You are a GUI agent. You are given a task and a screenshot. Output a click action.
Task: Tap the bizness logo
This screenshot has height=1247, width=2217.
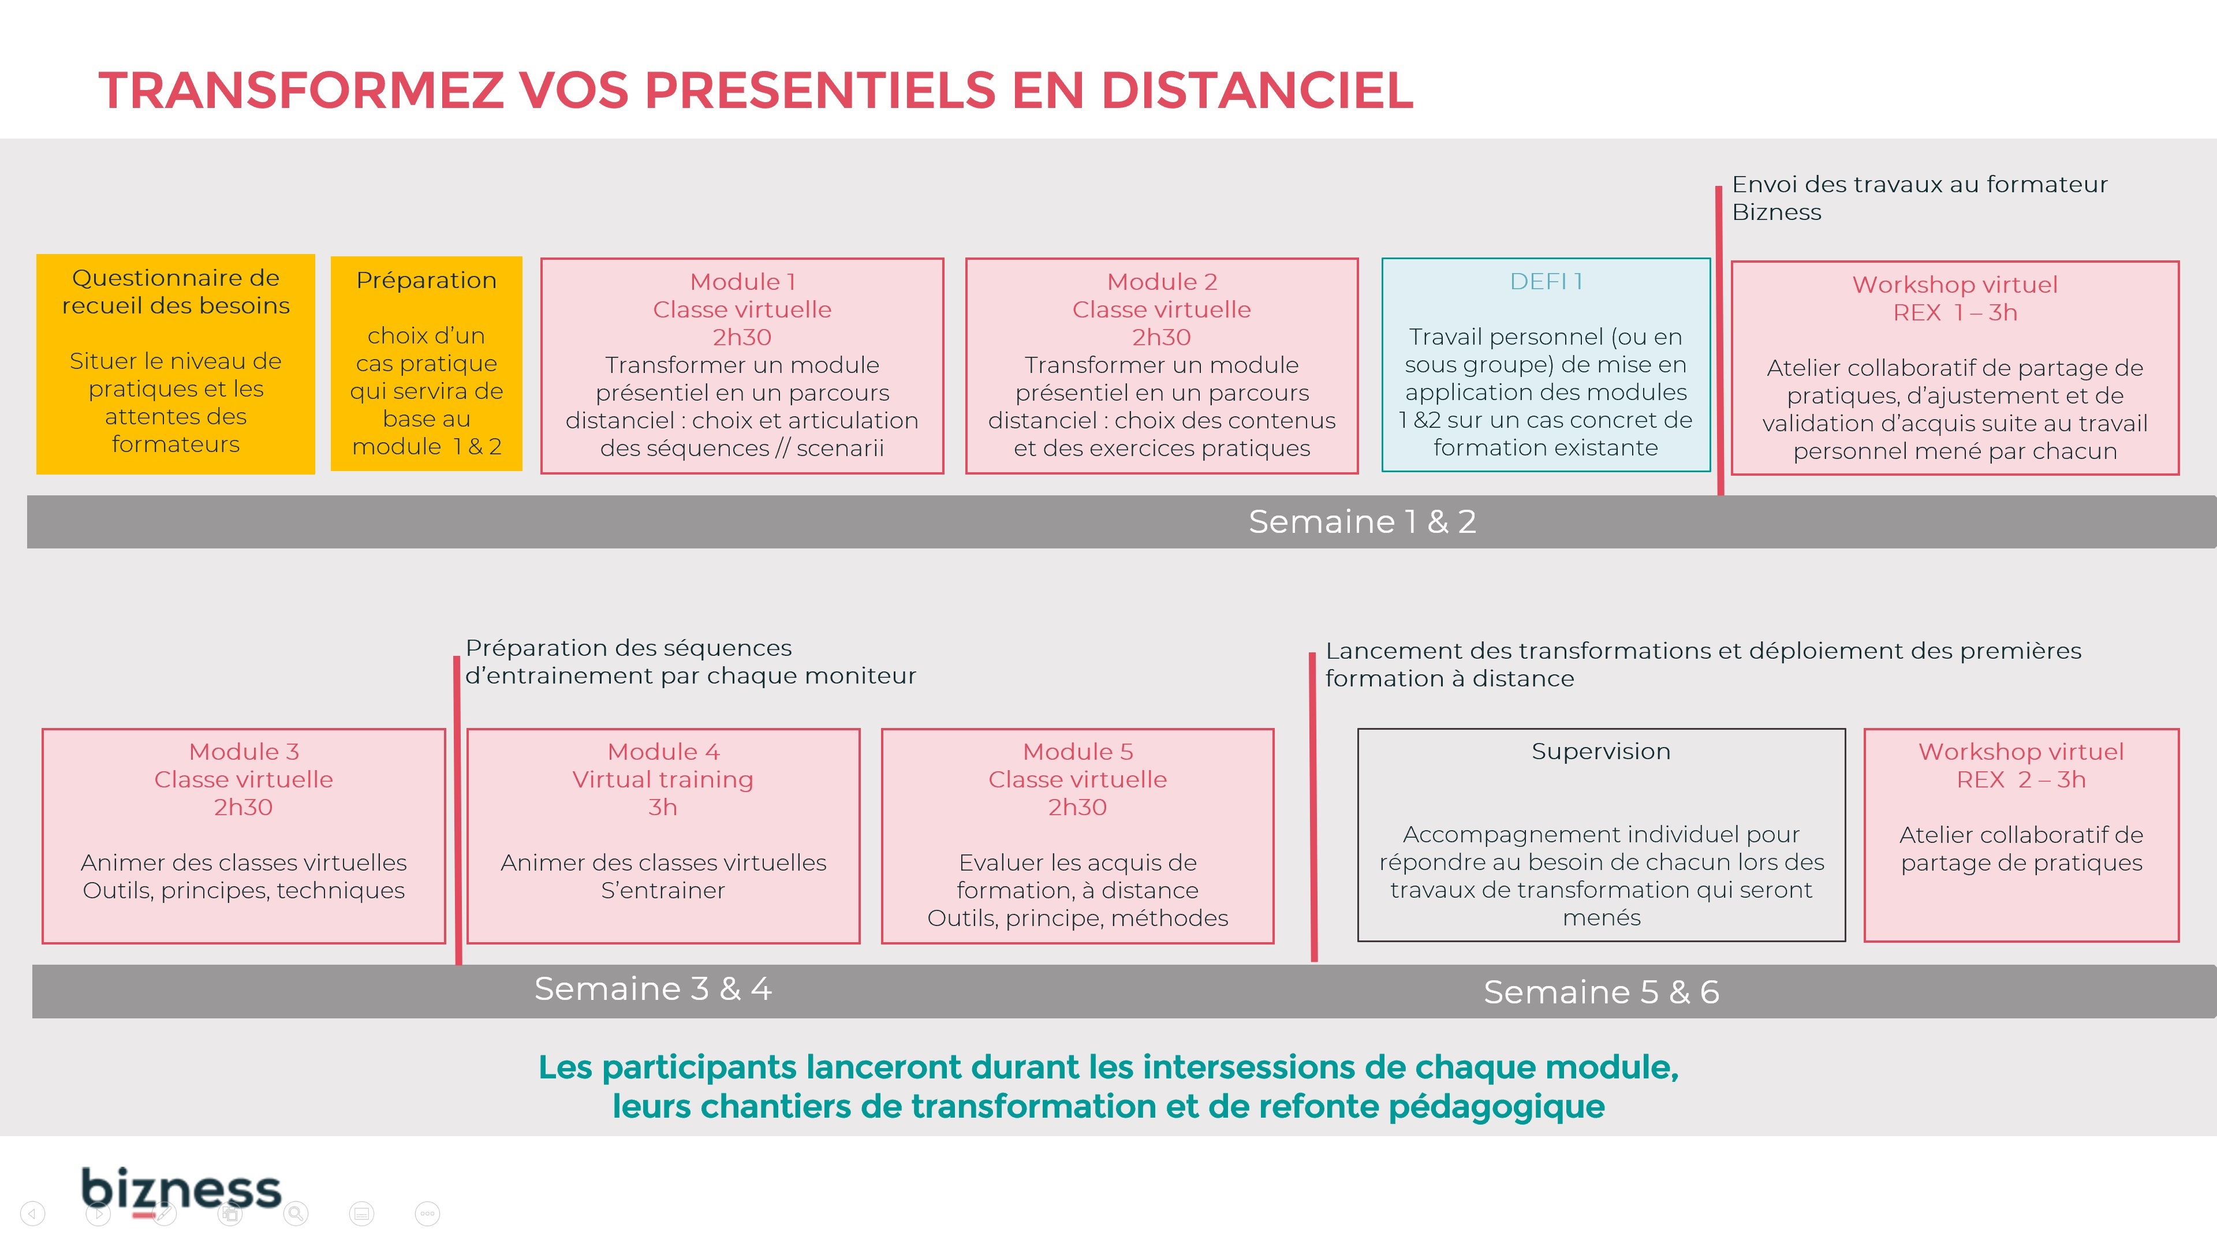[x=181, y=1191]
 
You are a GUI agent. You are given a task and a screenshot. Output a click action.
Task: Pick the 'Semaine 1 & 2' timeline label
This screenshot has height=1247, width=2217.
[x=1363, y=521]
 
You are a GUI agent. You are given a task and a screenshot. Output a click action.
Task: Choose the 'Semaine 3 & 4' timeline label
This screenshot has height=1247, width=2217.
[x=652, y=989]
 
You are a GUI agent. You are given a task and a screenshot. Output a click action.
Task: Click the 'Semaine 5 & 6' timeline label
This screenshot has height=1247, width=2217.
[x=1601, y=992]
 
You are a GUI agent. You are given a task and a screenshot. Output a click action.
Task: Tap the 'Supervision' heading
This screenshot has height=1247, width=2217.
[x=1601, y=751]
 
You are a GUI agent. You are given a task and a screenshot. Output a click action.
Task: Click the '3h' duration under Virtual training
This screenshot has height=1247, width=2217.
[x=663, y=807]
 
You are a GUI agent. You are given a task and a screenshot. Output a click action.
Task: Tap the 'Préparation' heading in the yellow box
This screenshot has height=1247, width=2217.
[x=426, y=281]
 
